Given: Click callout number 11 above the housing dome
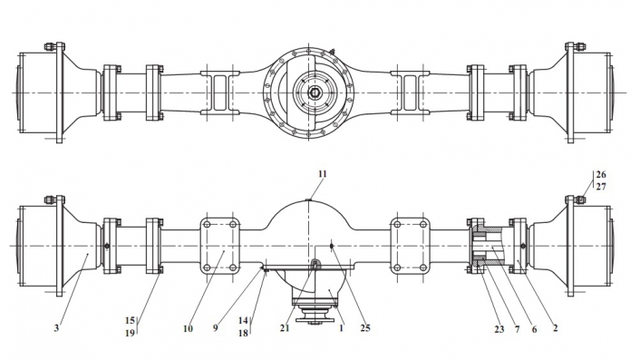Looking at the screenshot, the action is click(322, 174).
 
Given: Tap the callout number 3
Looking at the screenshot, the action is click(56, 328).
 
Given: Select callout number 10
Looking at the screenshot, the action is click(188, 328).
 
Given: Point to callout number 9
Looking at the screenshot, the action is click(216, 328).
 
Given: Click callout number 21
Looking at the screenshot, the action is click(285, 328).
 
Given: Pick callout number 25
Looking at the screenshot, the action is click(364, 328).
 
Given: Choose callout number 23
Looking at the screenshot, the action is click(499, 329).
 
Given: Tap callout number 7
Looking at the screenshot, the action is click(517, 329).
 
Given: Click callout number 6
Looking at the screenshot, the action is click(534, 329).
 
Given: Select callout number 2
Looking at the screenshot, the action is click(556, 328).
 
